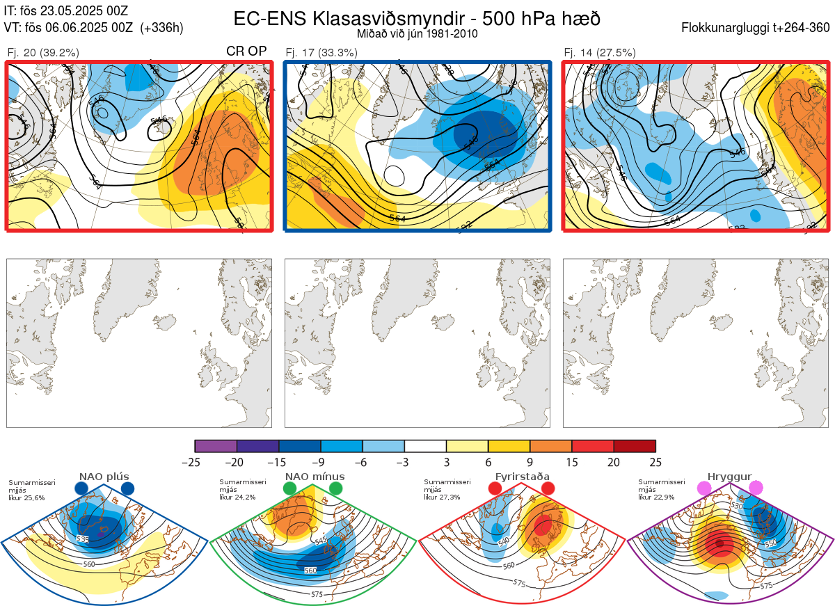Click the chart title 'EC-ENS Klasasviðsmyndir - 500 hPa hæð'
417,18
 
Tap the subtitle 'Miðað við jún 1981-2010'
417,33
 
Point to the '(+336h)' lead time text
161,28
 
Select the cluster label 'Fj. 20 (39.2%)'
43,52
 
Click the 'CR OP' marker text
247,51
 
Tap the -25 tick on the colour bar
196,462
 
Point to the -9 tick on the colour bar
321,462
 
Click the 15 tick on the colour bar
572,462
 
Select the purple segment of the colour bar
216,446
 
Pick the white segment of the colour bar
425,446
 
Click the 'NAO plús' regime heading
104,477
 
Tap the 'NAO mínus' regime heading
315,477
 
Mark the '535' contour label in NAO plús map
83,539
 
